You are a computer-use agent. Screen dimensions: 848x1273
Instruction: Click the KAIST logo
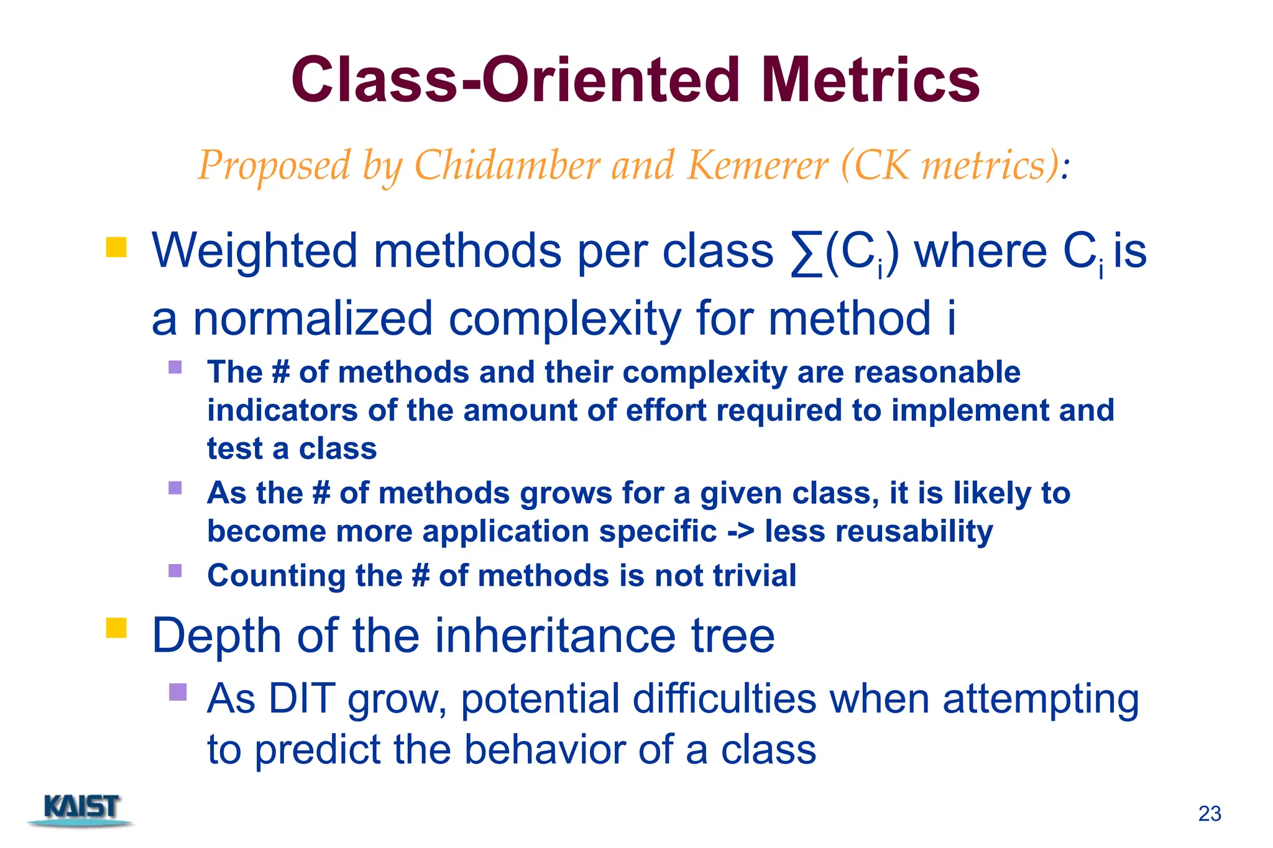tap(81, 809)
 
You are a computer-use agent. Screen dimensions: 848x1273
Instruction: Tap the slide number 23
tap(1210, 814)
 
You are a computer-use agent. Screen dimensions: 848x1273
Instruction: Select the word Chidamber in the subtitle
tap(507, 165)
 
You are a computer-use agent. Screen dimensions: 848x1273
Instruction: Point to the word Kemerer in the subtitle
tap(757, 165)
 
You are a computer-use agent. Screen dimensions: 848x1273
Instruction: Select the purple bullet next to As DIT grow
tap(178, 691)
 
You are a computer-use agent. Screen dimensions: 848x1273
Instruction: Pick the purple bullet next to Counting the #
tap(175, 570)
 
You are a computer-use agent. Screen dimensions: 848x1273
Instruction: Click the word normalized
tap(312, 319)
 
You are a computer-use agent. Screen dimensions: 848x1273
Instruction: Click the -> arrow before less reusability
tap(741, 532)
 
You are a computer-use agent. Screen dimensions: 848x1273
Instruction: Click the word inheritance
tap(555, 636)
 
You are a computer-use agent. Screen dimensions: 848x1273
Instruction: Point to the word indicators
tap(282, 411)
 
